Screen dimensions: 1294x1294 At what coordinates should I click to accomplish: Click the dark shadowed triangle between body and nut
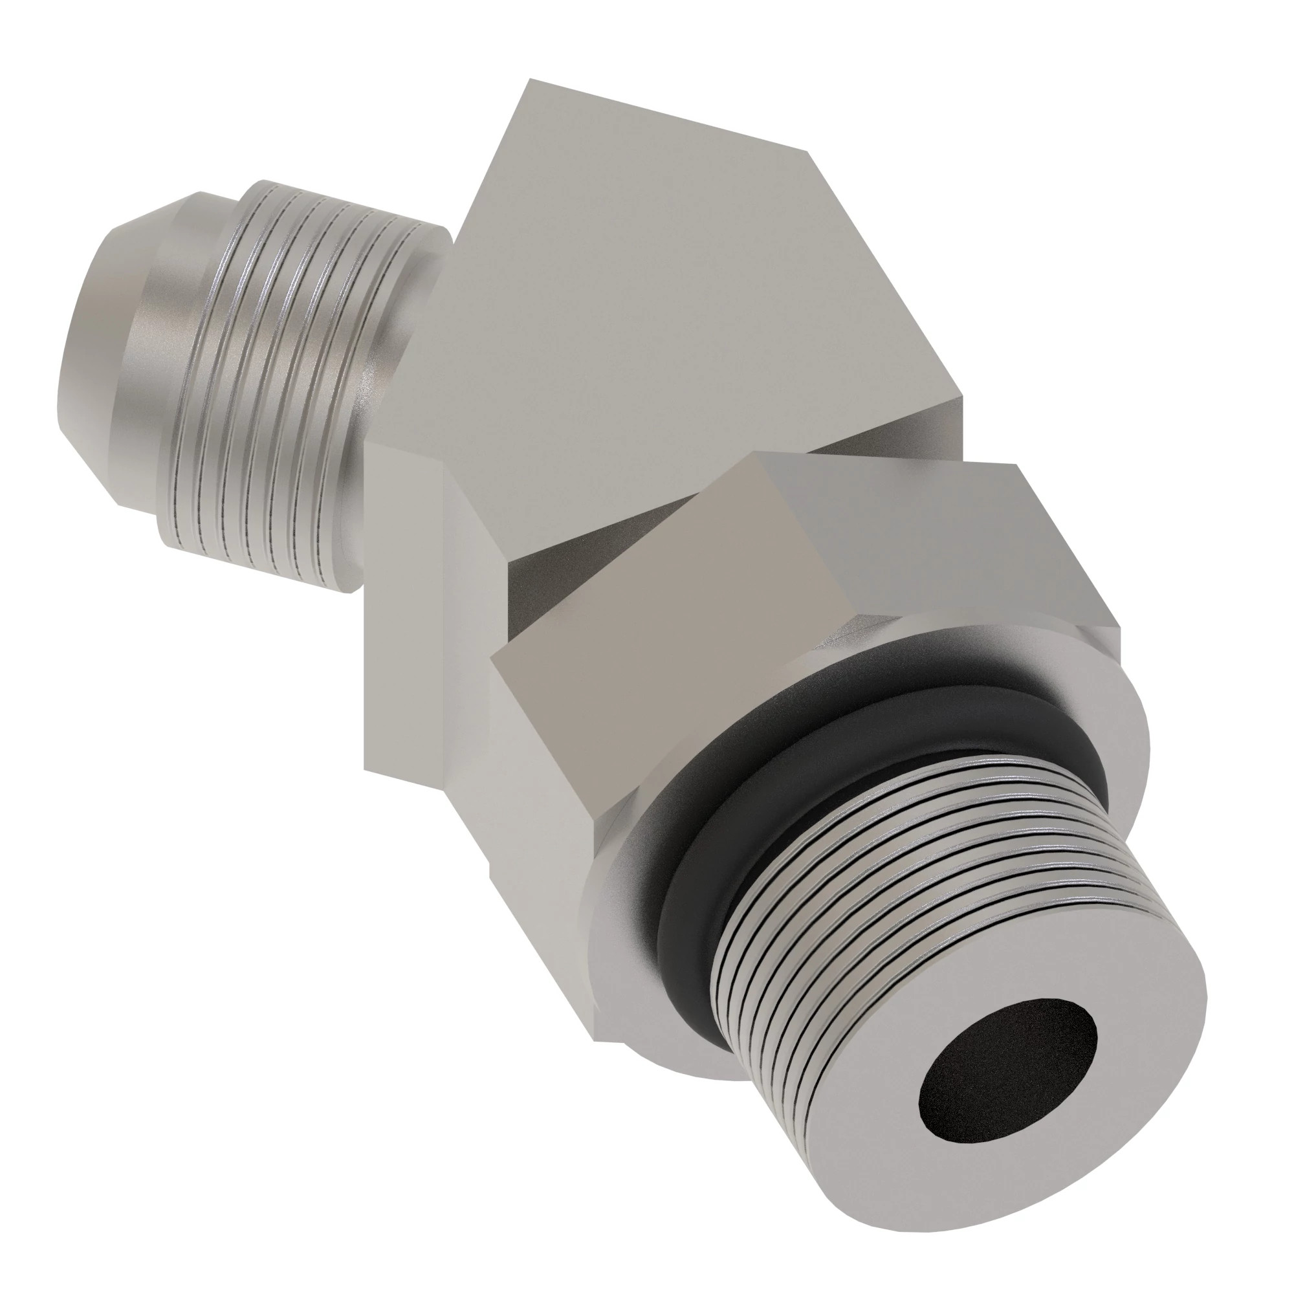pyautogui.click(x=536, y=589)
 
